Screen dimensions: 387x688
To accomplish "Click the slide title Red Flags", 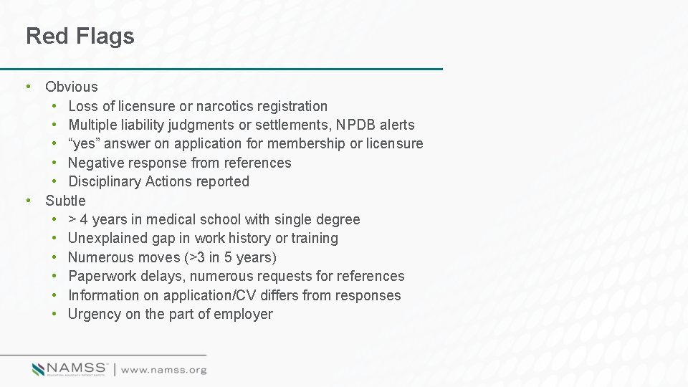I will (x=80, y=36).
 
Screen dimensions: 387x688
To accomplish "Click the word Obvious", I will (x=72, y=87).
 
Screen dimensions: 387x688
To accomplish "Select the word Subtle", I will (x=65, y=201).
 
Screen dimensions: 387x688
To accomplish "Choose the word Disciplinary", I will (x=105, y=181).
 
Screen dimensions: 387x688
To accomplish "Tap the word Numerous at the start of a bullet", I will (x=101, y=257).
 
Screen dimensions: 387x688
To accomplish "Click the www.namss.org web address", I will (x=163, y=370).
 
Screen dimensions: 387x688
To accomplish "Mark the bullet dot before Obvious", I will (x=27, y=87).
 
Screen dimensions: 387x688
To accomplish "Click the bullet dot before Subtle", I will (x=27, y=201).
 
